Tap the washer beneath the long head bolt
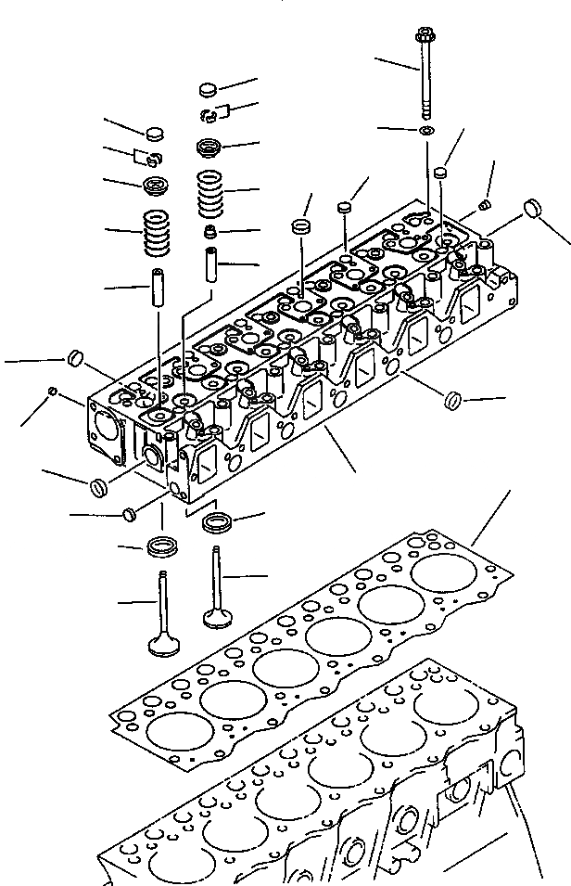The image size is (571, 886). click(x=425, y=130)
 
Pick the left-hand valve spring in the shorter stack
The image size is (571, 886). click(x=158, y=232)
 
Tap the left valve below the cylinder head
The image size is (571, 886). click(x=162, y=617)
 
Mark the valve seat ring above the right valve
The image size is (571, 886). click(x=218, y=521)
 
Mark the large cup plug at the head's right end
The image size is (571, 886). click(x=532, y=208)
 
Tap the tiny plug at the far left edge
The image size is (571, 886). click(x=53, y=392)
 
